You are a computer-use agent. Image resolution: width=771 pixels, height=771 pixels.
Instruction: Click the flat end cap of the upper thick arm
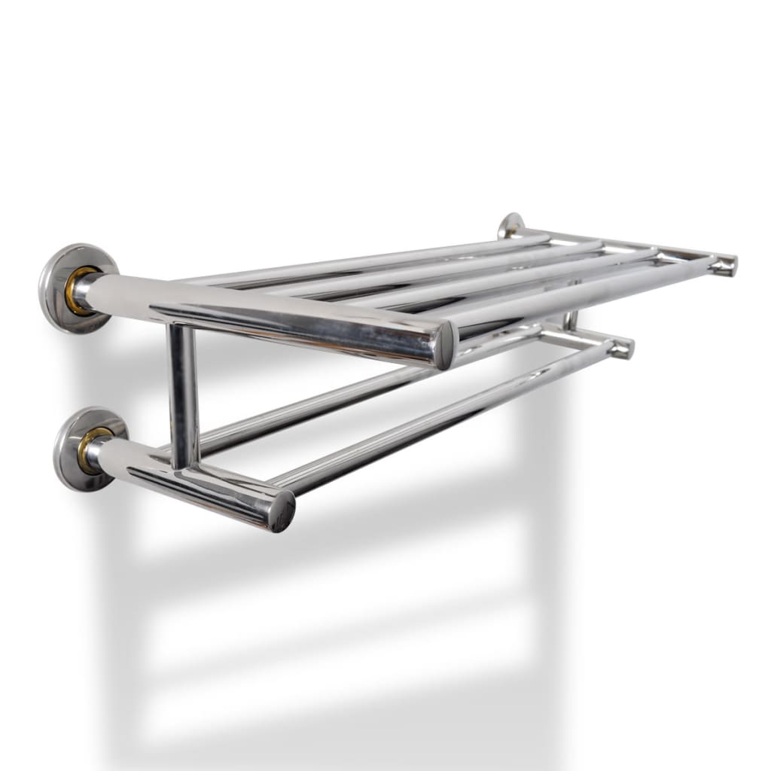[x=446, y=345]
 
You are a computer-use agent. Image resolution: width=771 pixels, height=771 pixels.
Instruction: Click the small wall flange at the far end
[x=510, y=225]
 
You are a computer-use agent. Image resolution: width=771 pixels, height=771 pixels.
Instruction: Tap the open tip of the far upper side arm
[x=727, y=265]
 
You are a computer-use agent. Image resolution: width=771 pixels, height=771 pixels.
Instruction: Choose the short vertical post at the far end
[x=572, y=320]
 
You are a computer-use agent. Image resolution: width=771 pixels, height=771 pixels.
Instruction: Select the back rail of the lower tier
[x=316, y=414]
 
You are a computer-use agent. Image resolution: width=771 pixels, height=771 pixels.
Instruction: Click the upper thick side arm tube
[x=264, y=309]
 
